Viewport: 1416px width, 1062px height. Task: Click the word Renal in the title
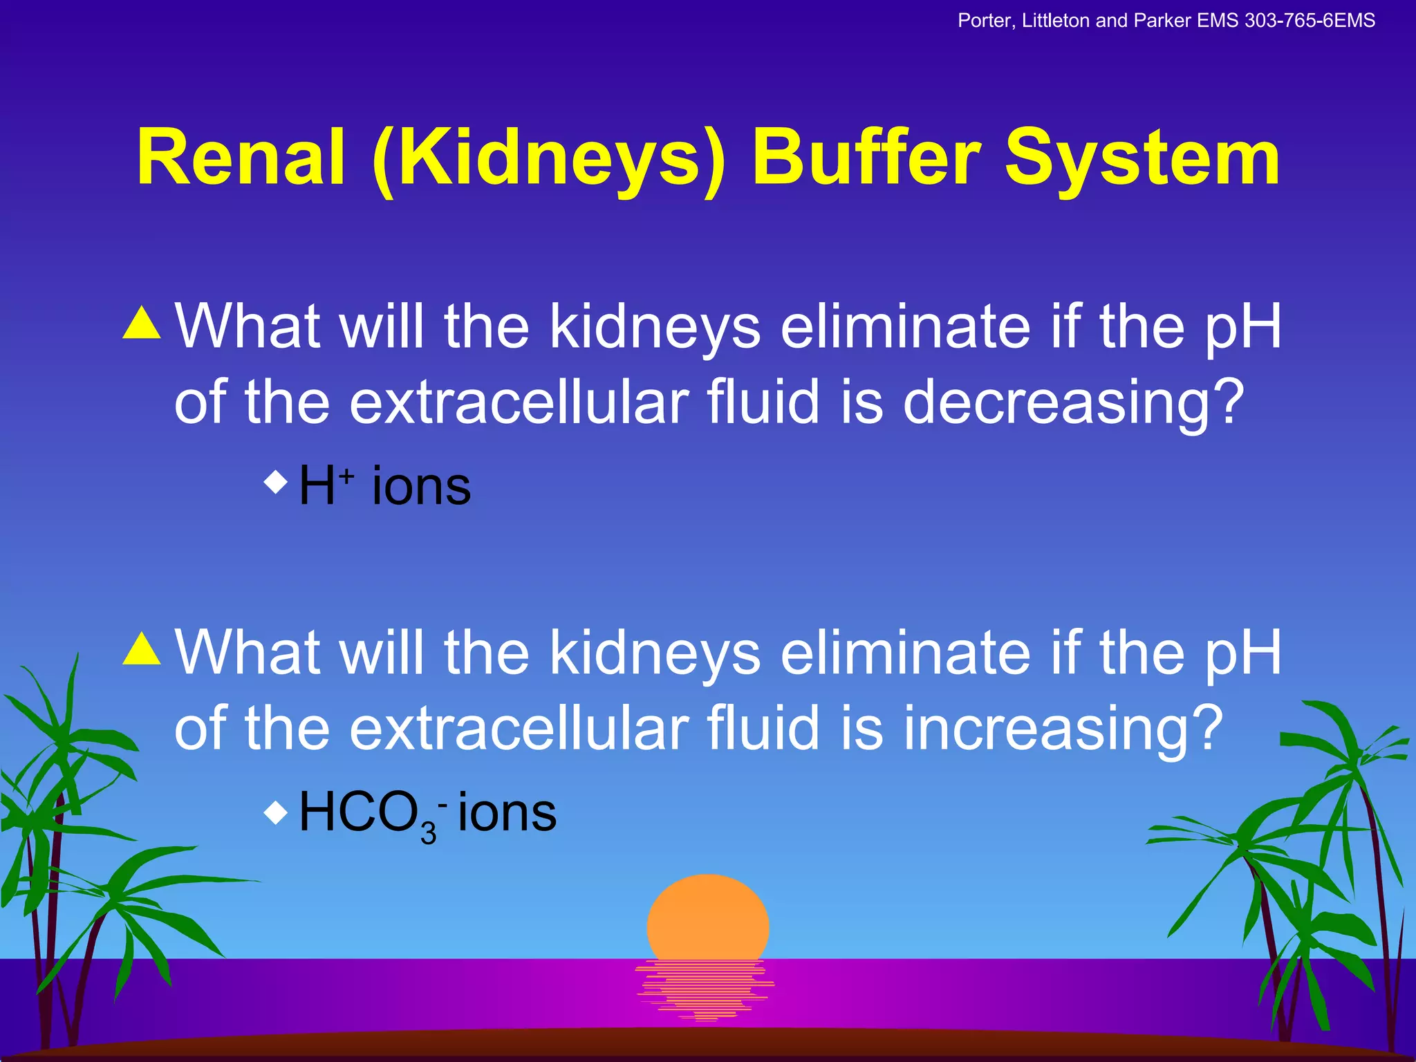tap(241, 159)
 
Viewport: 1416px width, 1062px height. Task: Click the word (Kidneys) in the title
tap(549, 160)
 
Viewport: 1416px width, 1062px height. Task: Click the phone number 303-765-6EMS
tap(1310, 21)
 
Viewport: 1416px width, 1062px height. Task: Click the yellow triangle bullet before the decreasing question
tap(142, 323)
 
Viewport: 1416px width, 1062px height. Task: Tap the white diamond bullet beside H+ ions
tap(276, 482)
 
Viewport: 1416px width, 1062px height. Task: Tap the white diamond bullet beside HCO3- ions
tap(276, 812)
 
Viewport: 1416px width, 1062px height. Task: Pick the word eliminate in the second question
tap(906, 653)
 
